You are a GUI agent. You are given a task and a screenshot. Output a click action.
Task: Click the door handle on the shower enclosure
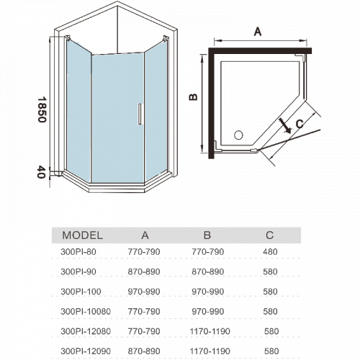tap(140, 114)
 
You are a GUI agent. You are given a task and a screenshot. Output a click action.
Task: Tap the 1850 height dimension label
tap(42, 109)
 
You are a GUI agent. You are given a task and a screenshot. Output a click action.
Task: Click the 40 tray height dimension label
tap(41, 172)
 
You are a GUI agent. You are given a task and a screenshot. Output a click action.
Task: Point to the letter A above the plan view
tap(258, 32)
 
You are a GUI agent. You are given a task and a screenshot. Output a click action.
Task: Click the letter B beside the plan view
tap(193, 97)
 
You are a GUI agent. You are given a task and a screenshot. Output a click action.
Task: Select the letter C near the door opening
tap(300, 124)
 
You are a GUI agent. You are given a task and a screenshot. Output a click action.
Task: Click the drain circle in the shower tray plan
tap(238, 135)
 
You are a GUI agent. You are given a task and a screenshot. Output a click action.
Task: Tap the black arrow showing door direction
tap(285, 125)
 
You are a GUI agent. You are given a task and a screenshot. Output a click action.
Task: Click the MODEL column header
tap(83, 235)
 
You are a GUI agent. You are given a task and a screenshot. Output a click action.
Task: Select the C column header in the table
tap(269, 235)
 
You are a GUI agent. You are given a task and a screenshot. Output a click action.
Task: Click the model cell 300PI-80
tap(78, 252)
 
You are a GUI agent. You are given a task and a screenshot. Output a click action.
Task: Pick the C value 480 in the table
tap(270, 252)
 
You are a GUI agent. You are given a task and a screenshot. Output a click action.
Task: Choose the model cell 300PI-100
tap(81, 292)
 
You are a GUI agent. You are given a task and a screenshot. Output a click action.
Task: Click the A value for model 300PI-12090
tap(144, 351)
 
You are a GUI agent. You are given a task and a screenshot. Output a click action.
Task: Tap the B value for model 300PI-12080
tap(210, 331)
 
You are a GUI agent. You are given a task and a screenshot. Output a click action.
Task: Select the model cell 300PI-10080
tap(86, 312)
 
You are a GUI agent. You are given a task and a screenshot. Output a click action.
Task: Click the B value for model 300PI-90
tap(208, 271)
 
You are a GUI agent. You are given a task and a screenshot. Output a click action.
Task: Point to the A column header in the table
tap(145, 235)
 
